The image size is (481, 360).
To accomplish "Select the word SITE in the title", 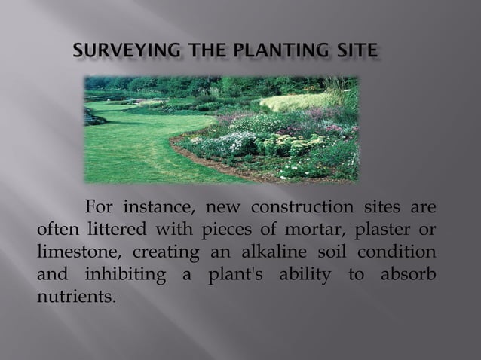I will coord(354,51).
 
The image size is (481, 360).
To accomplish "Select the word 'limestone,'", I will coord(75,251).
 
